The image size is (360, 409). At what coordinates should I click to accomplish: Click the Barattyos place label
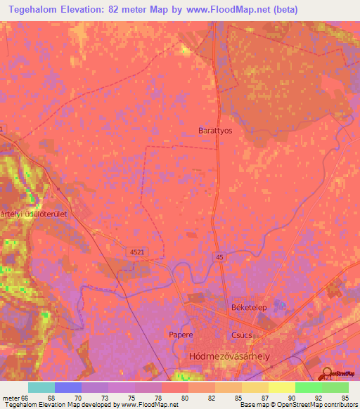point(215,131)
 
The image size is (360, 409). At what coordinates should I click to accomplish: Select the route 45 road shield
point(220,257)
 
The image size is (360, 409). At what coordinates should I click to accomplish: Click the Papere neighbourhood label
point(181,335)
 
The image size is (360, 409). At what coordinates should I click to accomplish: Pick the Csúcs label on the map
point(242,335)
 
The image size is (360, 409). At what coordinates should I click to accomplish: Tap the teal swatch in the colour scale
point(41,387)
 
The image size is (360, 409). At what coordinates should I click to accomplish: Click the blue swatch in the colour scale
point(68,387)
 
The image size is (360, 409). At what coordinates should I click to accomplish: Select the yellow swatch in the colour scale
point(282,387)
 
